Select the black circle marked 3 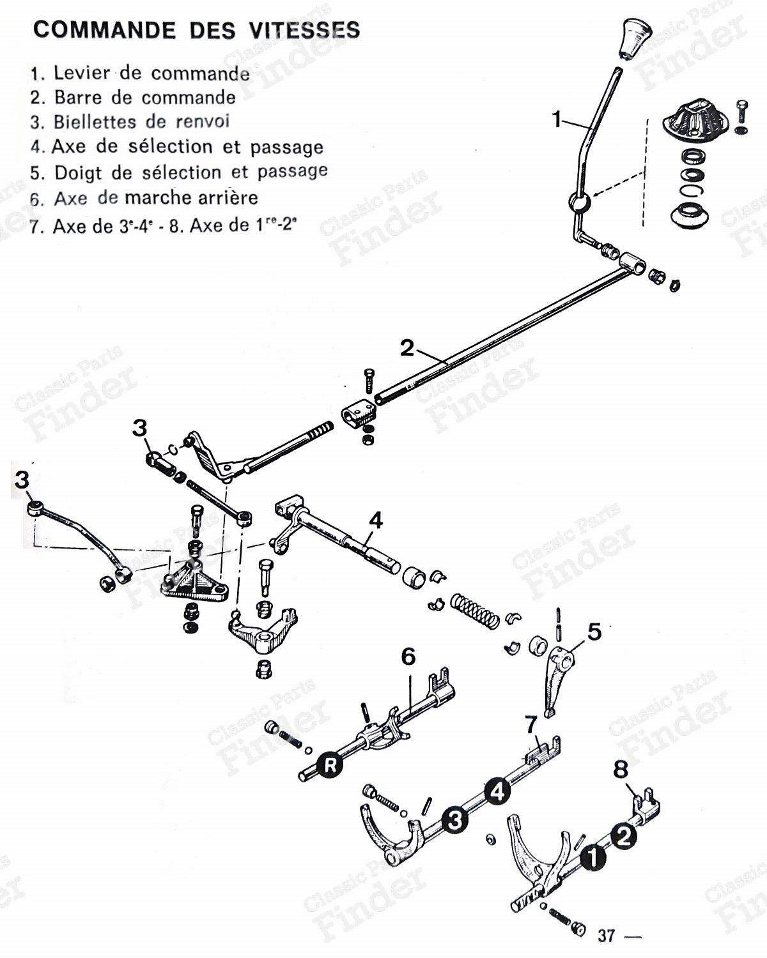coord(454,820)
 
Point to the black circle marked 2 coord(623,835)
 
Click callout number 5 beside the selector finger coord(594,632)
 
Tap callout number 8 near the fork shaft coord(621,770)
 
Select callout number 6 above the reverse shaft coord(408,656)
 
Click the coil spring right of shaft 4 coord(475,611)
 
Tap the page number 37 coord(607,936)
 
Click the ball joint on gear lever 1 coord(579,204)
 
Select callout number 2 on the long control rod coord(407,348)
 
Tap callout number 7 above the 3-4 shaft coord(531,725)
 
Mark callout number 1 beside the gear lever coord(557,119)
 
